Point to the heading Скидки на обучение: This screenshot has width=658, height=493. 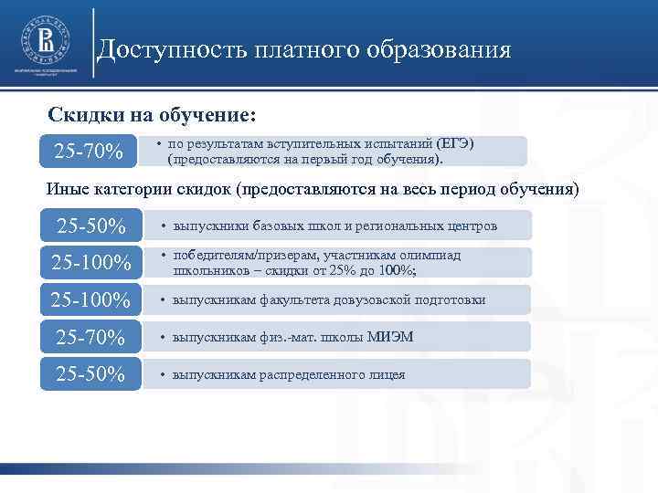(153, 116)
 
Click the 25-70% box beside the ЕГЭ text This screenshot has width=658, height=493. (90, 151)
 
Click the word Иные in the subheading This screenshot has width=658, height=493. (68, 189)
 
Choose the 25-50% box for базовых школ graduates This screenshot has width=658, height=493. (90, 225)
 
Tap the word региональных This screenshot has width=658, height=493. (402, 225)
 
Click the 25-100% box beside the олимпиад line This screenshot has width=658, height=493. (90, 263)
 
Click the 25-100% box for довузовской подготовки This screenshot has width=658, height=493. (90, 299)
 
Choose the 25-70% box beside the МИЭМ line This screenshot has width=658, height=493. (90, 338)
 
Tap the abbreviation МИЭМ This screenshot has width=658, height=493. (390, 338)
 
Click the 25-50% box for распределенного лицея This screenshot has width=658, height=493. (90, 374)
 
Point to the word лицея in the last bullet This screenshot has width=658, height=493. (386, 374)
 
